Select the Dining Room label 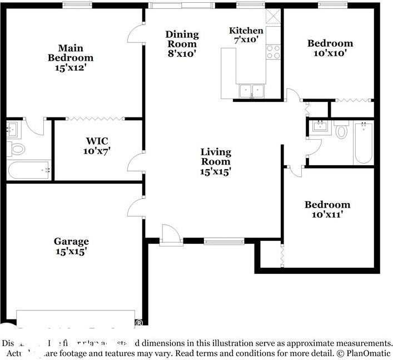tap(181, 39)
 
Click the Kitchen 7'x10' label tap(246, 35)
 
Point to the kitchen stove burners tap(273, 52)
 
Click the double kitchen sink tap(252, 91)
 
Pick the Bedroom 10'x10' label tap(330, 48)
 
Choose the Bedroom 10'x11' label tap(327, 209)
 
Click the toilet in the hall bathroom tap(341, 132)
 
